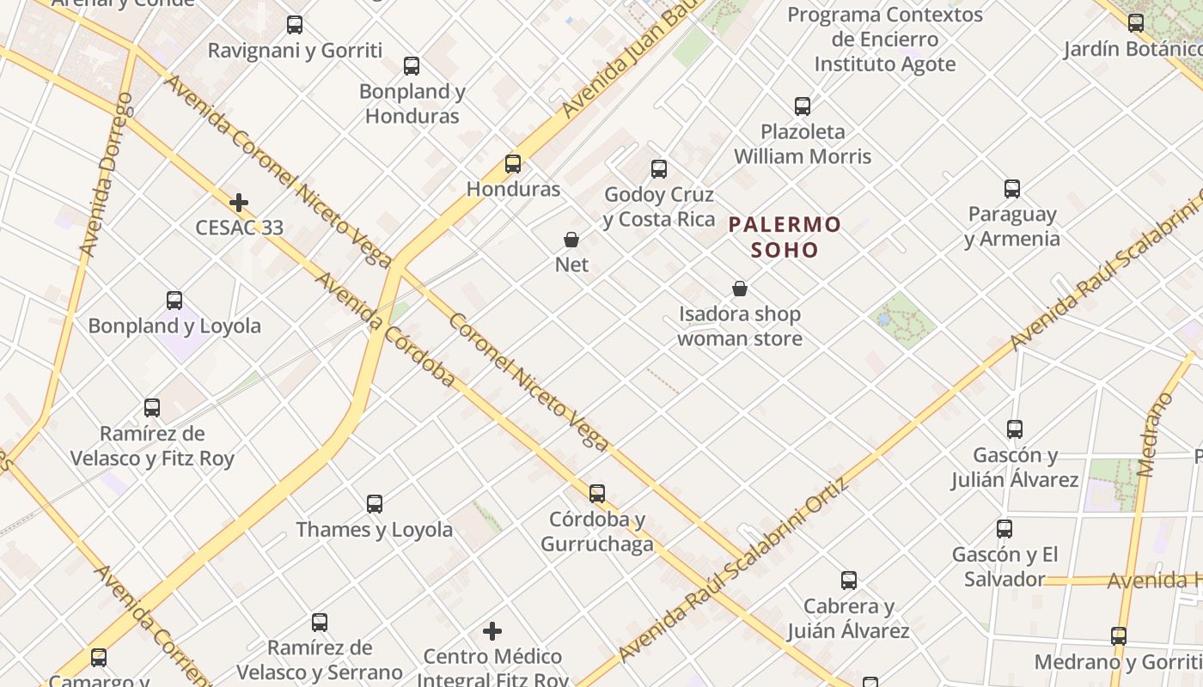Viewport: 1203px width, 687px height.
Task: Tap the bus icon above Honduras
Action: tap(513, 163)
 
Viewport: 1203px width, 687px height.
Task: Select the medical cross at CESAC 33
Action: tap(239, 203)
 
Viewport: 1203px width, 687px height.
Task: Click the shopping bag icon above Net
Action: tap(571, 239)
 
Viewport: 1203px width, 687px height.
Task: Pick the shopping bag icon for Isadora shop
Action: tap(740, 288)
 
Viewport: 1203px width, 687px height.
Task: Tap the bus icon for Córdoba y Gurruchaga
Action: tap(597, 494)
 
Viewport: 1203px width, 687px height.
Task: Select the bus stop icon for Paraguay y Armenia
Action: tap(1012, 189)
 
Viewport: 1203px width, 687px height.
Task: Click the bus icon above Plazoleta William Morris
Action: tap(803, 106)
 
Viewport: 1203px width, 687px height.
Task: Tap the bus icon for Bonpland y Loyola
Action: tap(174, 301)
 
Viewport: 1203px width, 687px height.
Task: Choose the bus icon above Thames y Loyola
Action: tap(375, 504)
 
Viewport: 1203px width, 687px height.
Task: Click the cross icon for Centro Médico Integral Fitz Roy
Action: tap(492, 631)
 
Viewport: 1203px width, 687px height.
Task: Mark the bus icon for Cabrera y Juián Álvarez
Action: tap(849, 581)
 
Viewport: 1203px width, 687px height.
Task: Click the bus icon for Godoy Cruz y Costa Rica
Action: tap(659, 169)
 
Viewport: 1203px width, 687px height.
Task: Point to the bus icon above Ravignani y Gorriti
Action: tap(295, 25)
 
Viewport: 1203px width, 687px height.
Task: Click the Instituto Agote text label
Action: tap(884, 64)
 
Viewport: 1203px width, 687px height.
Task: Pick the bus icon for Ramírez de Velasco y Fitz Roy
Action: tap(152, 408)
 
